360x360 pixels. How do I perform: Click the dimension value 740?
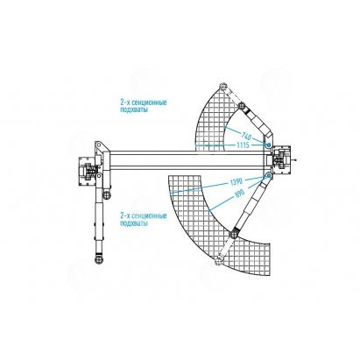pyautogui.click(x=247, y=136)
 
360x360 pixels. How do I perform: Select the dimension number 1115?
pyautogui.click(x=243, y=145)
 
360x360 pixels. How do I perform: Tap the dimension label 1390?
pyautogui.click(x=236, y=182)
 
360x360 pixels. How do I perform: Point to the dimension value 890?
pyautogui.click(x=239, y=194)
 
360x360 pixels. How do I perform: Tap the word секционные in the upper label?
pyautogui.click(x=149, y=102)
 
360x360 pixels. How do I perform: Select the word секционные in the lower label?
pyautogui.click(x=149, y=216)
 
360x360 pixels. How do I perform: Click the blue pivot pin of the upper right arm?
pyautogui.click(x=268, y=145)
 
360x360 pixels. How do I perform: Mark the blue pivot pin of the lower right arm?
pyautogui.click(x=268, y=175)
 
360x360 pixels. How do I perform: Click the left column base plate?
pyautogui.click(x=86, y=172)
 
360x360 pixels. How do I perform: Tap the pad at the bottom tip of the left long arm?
pyautogui.click(x=99, y=259)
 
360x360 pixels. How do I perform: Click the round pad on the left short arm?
pyautogui.click(x=107, y=194)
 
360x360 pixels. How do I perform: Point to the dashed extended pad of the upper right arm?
pyautogui.click(x=223, y=87)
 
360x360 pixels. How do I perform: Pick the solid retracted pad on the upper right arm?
pyautogui.click(x=242, y=106)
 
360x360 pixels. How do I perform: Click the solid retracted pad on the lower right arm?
pyautogui.click(x=234, y=235)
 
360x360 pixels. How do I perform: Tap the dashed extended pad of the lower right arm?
pyautogui.click(x=218, y=260)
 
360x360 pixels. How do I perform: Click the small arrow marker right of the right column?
pyautogui.click(x=295, y=159)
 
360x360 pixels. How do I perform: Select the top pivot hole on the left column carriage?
pyautogui.click(x=98, y=145)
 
